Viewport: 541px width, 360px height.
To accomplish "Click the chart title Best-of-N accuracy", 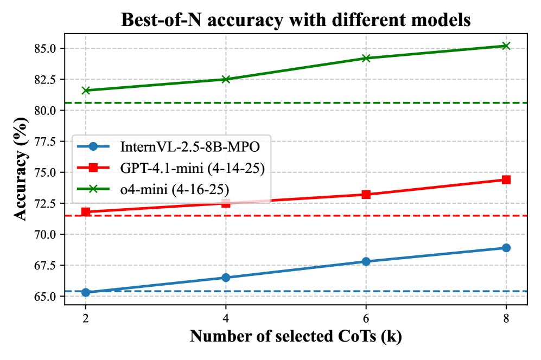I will (295, 20).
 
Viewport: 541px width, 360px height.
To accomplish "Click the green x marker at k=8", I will (506, 46).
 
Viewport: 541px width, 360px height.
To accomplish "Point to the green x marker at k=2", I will (86, 90).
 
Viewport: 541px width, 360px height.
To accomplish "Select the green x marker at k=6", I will (366, 58).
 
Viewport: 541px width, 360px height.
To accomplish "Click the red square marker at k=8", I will (506, 179).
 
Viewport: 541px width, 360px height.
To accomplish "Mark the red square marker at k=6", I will (366, 194).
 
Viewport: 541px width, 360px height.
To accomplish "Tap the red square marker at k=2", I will (86, 211).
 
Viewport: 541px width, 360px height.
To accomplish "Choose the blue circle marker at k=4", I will (226, 278).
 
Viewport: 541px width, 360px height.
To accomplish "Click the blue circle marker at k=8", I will (506, 248).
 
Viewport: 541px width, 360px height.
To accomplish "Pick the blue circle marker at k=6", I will (366, 261).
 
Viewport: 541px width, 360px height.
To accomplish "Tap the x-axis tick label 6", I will (366, 318).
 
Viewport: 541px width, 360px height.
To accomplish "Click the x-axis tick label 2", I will (86, 318).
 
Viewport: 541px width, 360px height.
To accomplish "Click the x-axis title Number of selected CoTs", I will (295, 337).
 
